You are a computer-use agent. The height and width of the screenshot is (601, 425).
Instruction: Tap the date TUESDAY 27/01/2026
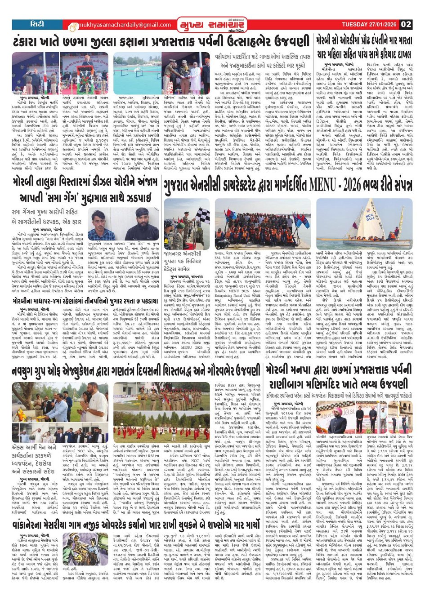[x=369, y=24]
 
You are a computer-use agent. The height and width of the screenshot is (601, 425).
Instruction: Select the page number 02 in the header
[x=406, y=24]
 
